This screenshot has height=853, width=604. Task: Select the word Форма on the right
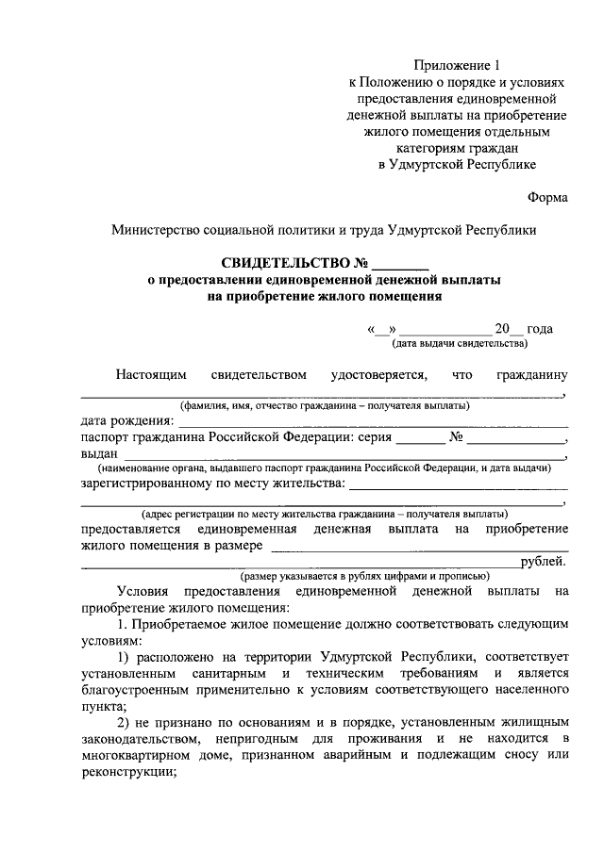click(x=547, y=198)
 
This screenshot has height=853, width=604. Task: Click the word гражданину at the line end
click(x=531, y=374)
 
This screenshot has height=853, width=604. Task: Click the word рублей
click(x=544, y=563)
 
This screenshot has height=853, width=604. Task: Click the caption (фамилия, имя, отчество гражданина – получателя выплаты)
click(x=325, y=406)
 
